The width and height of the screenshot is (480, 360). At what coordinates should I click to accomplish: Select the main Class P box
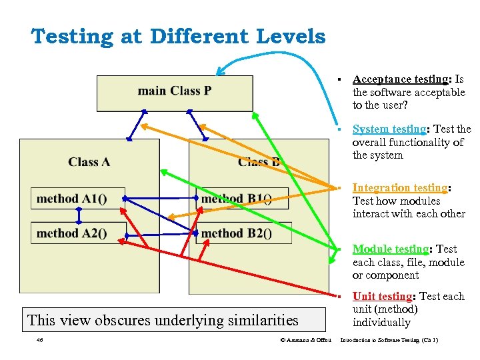tap(175, 92)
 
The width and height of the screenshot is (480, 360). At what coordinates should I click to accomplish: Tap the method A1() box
tap(77, 198)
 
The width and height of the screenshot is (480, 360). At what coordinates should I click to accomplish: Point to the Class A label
tap(89, 161)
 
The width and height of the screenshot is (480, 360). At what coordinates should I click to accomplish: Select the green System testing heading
tap(389, 129)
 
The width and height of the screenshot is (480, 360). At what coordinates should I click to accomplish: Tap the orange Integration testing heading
tap(400, 188)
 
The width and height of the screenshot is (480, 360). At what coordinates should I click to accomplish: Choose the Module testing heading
tap(391, 249)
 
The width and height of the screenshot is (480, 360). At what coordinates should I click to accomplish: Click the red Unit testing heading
tap(382, 297)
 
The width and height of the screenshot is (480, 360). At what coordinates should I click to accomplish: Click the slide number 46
tap(41, 341)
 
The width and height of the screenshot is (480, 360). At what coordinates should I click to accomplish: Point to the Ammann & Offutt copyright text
tap(306, 341)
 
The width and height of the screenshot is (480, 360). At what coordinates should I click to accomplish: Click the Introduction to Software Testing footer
tap(389, 341)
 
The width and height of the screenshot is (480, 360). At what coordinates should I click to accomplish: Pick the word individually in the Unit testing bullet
tap(381, 323)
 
